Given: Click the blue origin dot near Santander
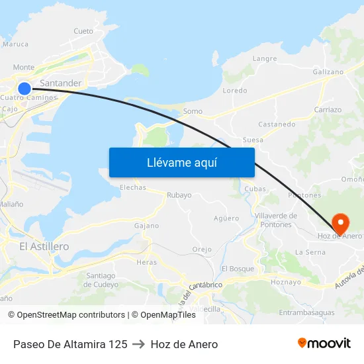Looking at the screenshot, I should [24, 88].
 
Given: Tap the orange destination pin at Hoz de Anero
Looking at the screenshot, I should [340, 222].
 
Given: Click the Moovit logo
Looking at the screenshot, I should [324, 343].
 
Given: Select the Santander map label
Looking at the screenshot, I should [61, 83].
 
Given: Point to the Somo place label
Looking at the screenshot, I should [193, 111].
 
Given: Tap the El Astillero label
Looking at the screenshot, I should [44, 246].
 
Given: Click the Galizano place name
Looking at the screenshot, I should [328, 72].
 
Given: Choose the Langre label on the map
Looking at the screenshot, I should [265, 58].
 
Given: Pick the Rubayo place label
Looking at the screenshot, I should [179, 195].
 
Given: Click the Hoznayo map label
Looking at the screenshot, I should [286, 282].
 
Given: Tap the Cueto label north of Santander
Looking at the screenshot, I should [83, 31].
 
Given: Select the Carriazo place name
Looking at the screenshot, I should [328, 110].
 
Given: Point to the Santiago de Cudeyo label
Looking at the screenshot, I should [101, 280].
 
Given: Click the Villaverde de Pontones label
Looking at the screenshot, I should [275, 220].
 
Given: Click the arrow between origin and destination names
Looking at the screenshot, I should [139, 344].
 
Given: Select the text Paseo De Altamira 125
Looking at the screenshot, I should [70, 344].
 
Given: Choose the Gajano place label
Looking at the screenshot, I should [146, 226].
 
